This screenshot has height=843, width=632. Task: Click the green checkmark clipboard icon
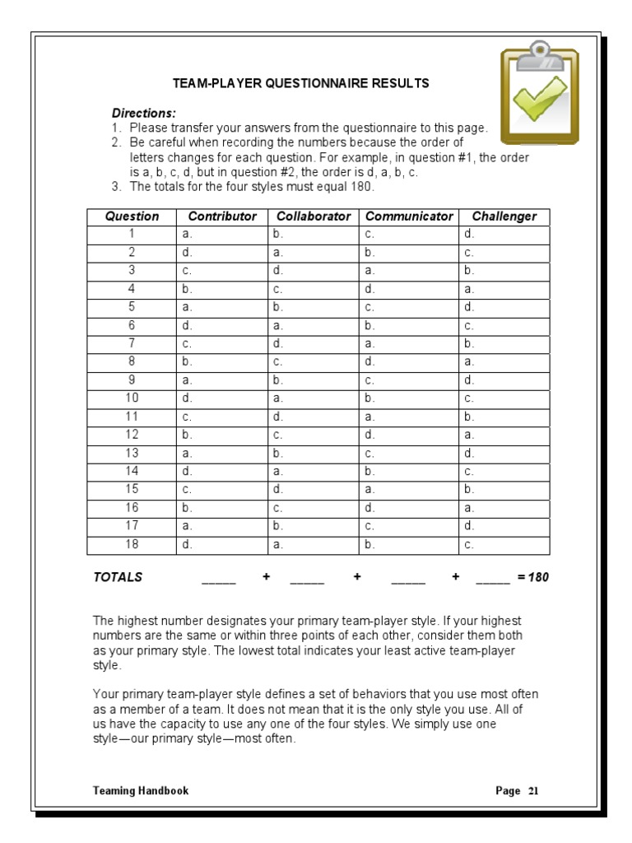[x=540, y=92]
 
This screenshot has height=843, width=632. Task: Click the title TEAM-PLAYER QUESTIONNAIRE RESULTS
[x=300, y=84]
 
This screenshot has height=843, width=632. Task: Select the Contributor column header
[x=222, y=217]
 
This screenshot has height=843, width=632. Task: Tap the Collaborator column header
[x=314, y=217]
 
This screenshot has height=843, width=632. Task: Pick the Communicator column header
[x=409, y=217]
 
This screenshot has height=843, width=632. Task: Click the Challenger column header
[x=504, y=217]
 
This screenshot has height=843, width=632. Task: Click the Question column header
[x=132, y=217]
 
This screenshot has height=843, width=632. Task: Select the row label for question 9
[x=132, y=380]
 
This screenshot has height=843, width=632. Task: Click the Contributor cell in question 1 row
[x=222, y=235]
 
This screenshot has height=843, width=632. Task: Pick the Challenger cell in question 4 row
[x=504, y=289]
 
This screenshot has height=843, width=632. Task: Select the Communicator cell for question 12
[x=409, y=434]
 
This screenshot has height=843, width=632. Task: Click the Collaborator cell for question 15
[x=314, y=488]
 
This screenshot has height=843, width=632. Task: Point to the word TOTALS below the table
[x=118, y=577]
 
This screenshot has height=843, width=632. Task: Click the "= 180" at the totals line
[x=532, y=577]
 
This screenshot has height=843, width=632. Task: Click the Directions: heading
[x=143, y=113]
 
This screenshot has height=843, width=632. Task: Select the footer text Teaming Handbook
[x=141, y=790]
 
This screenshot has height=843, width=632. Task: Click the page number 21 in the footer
[x=533, y=790]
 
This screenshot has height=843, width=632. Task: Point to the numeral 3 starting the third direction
[x=116, y=186]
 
